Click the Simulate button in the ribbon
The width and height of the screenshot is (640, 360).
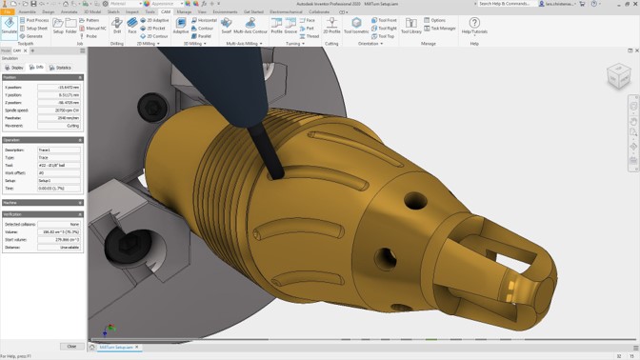9,25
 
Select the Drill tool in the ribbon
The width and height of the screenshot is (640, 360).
116,25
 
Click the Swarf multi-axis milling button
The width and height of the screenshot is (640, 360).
226,25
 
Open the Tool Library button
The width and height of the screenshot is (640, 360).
410,25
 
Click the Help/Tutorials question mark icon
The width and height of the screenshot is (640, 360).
474,25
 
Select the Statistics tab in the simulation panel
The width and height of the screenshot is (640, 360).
61,68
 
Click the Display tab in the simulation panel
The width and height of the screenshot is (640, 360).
15,68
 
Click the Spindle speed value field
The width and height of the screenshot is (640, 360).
59,110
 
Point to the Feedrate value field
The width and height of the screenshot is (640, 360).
59,117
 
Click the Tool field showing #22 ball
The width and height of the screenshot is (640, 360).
59,166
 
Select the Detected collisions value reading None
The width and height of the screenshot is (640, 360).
59,224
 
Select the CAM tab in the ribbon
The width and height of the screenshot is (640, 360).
166,11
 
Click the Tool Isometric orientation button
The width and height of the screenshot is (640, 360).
356,25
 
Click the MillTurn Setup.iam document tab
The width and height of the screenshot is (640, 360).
116,347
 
